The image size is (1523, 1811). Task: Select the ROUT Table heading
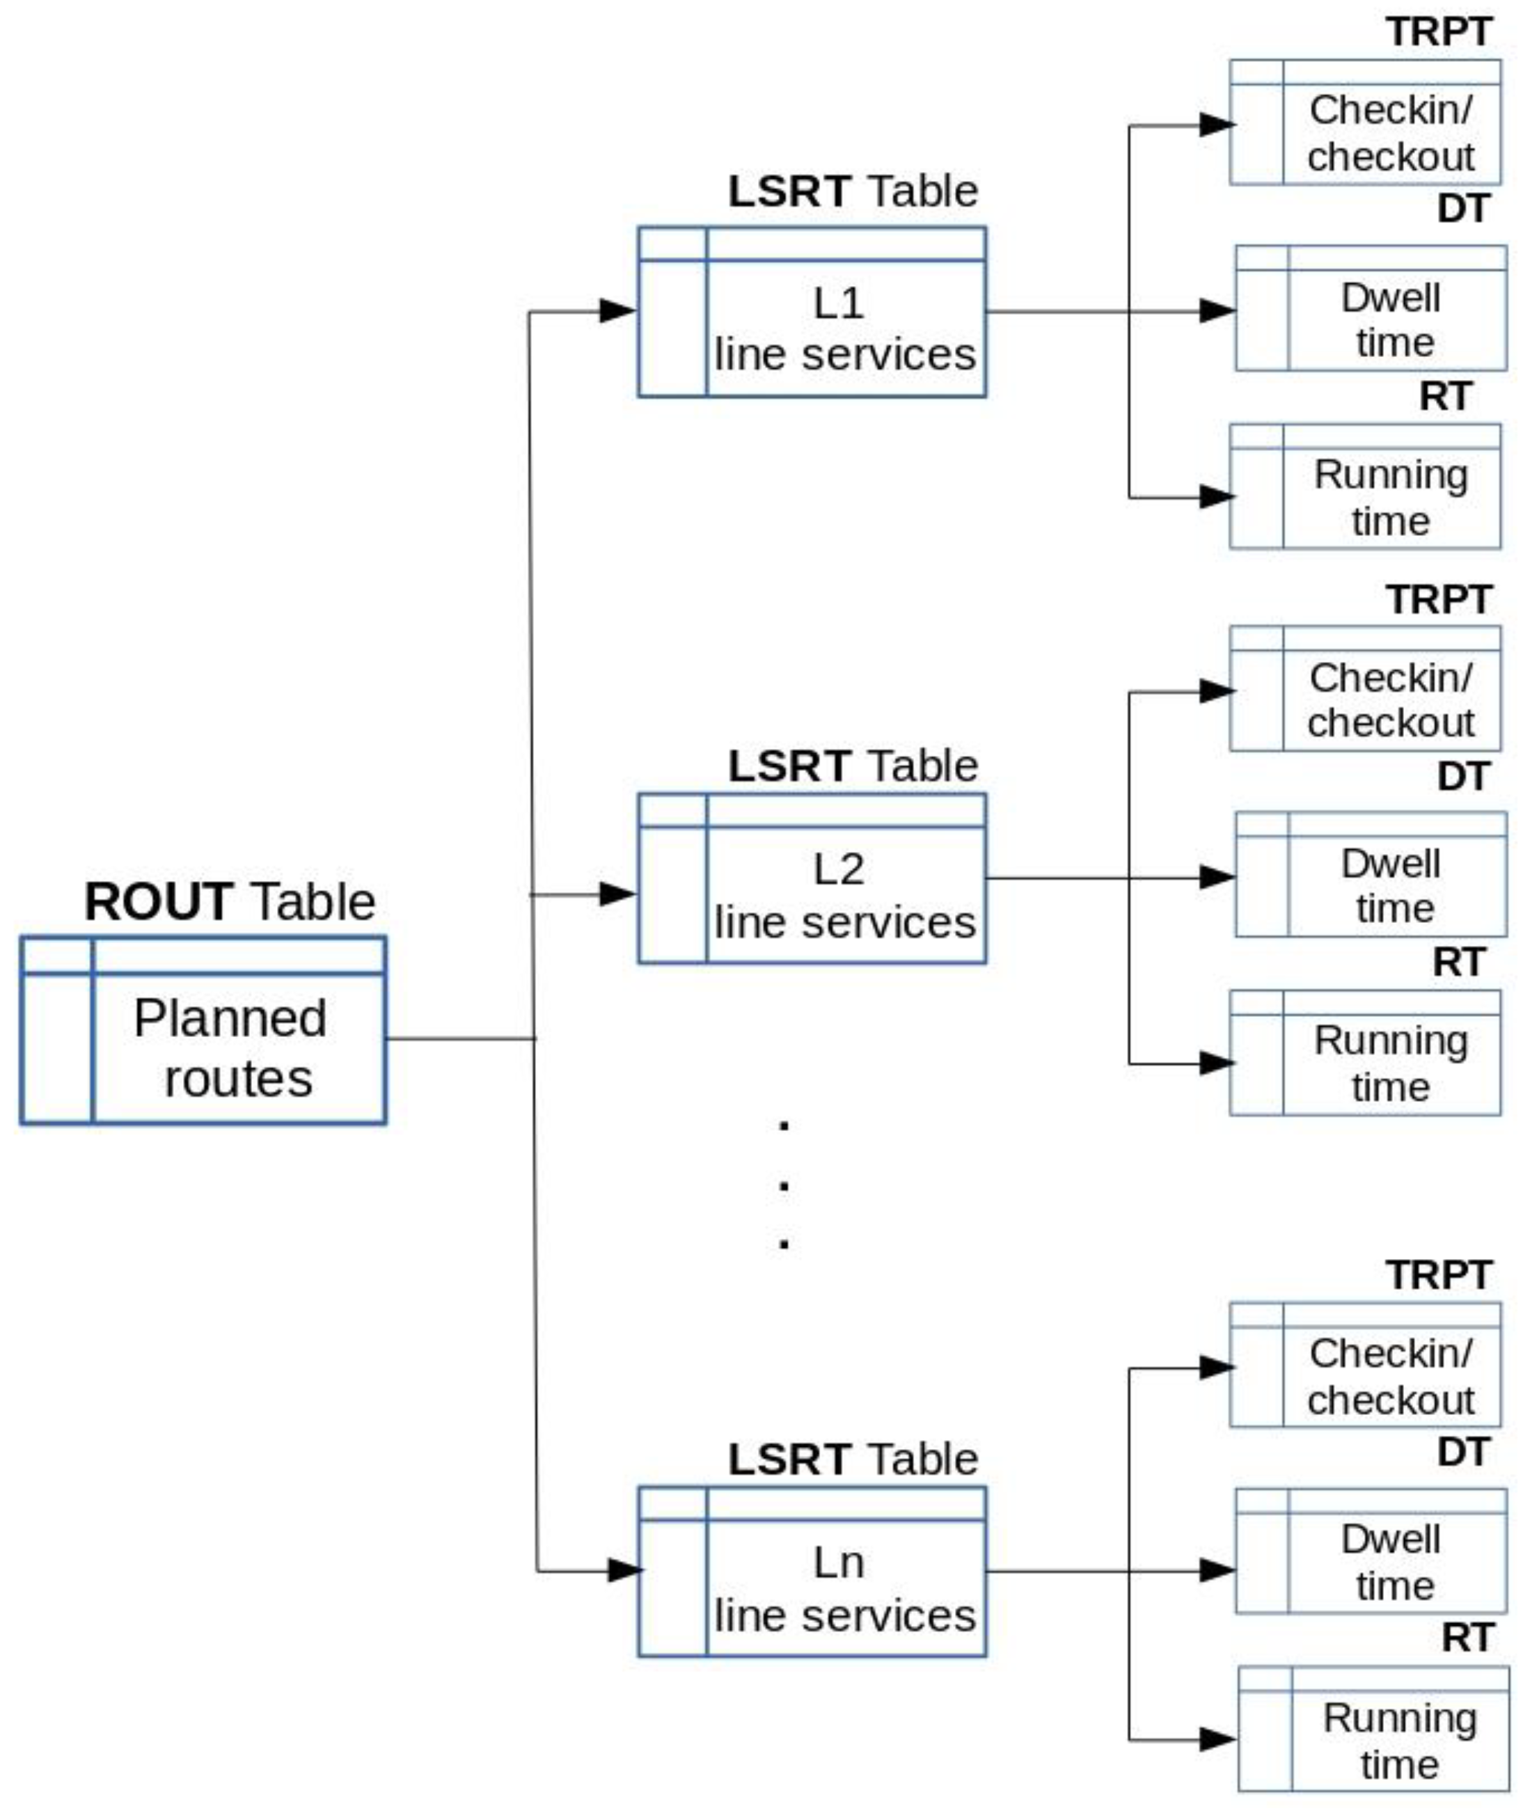coord(230,902)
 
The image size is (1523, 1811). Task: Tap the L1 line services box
coord(812,313)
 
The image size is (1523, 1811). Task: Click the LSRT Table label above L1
coord(852,191)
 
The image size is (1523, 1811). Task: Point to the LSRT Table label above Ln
coord(852,1459)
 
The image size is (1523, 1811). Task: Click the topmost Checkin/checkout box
coord(1365,122)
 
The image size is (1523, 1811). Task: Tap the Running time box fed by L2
coord(1365,1052)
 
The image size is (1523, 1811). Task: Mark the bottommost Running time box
coord(1373,1728)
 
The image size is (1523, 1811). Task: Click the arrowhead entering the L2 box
coord(617,894)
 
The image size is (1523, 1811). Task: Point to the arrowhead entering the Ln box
coord(625,1570)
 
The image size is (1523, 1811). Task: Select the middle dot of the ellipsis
coord(784,1186)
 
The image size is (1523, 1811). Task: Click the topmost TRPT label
coord(1438,33)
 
